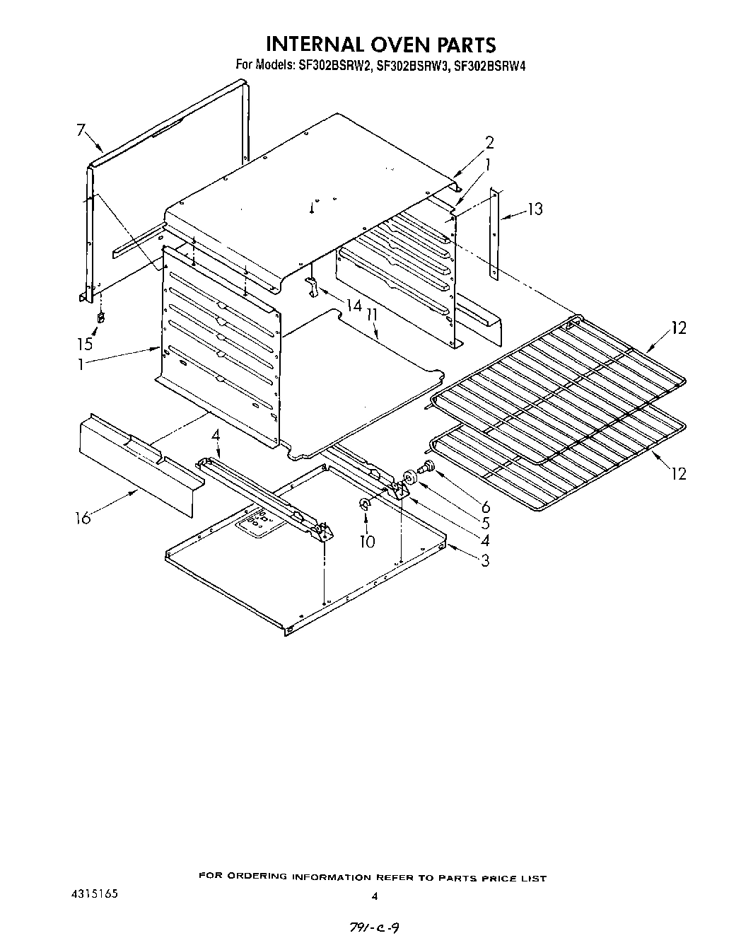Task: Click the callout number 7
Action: point(81,130)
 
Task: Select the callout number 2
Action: point(489,142)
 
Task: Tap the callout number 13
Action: point(535,209)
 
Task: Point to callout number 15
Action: point(86,344)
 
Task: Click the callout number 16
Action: point(83,519)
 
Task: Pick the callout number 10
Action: point(367,542)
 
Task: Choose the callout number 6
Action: point(485,507)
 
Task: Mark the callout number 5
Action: point(485,524)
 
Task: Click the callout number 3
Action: point(485,561)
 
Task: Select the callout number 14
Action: point(354,306)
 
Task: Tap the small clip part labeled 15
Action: point(100,318)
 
